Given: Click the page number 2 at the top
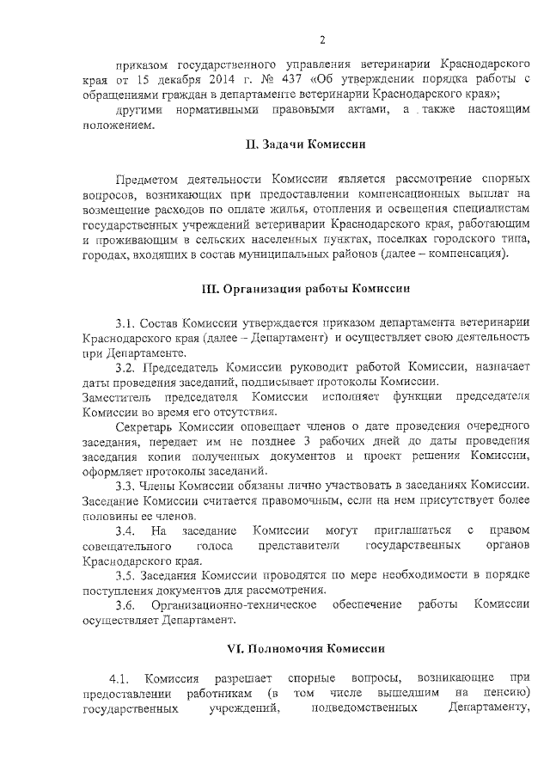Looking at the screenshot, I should click(321, 40).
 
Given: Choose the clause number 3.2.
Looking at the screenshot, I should click(125, 368).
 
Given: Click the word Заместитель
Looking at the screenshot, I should click(118, 396).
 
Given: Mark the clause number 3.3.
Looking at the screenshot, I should click(125, 487).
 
